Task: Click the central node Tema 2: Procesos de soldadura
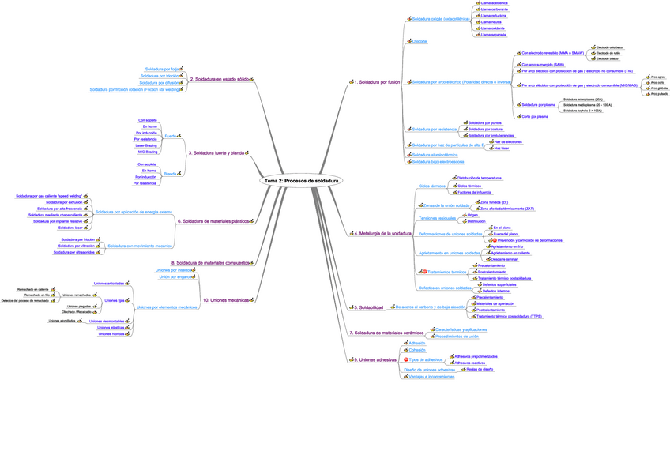tap(302, 181)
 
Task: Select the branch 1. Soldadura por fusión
tap(377, 81)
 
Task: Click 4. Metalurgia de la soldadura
tap(382, 234)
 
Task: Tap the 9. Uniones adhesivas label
tap(375, 359)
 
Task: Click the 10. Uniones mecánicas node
tap(228, 300)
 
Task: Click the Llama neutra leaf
tap(491, 22)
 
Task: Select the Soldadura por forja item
tap(163, 69)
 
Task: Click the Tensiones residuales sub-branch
tap(437, 217)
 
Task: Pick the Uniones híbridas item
tap(111, 334)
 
